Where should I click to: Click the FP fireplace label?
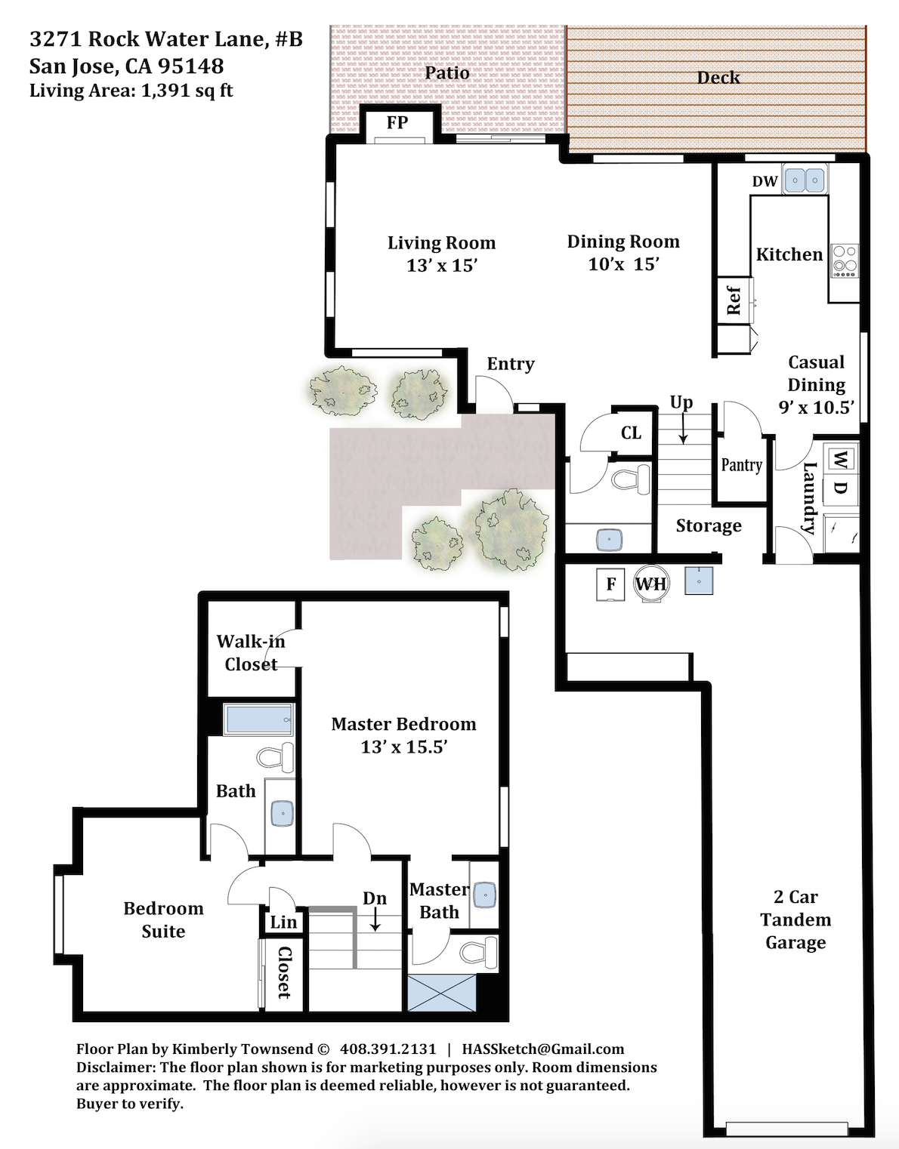point(397,122)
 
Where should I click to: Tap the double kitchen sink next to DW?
point(805,180)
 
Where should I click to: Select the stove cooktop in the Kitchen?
point(844,261)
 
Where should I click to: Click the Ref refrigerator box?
point(734,300)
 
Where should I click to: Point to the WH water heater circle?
point(651,584)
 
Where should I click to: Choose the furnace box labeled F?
point(610,584)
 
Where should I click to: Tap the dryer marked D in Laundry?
point(841,488)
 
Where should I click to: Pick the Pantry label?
point(741,465)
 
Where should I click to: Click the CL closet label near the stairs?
point(631,433)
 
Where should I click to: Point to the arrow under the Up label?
point(683,428)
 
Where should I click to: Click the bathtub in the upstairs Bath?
point(258,719)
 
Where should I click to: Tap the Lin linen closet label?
point(283,923)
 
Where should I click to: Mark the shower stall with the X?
point(442,993)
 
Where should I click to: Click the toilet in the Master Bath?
point(480,952)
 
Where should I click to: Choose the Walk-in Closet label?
point(251,653)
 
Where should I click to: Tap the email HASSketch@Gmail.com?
point(543,1049)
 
